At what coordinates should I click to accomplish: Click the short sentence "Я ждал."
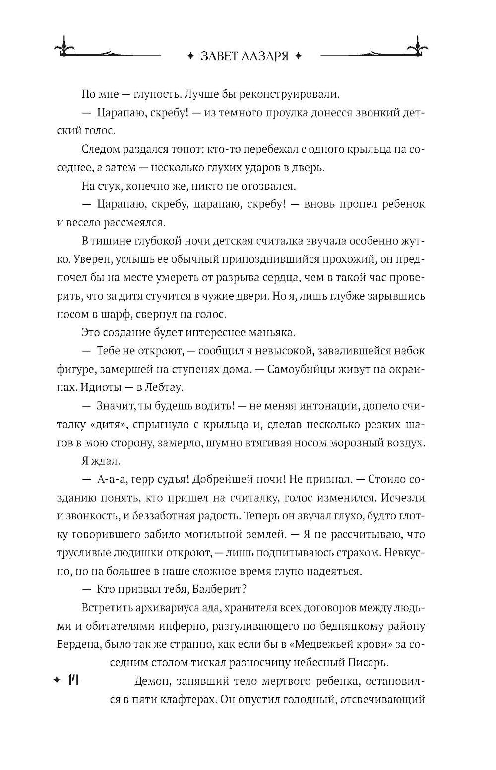[x=100, y=461]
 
